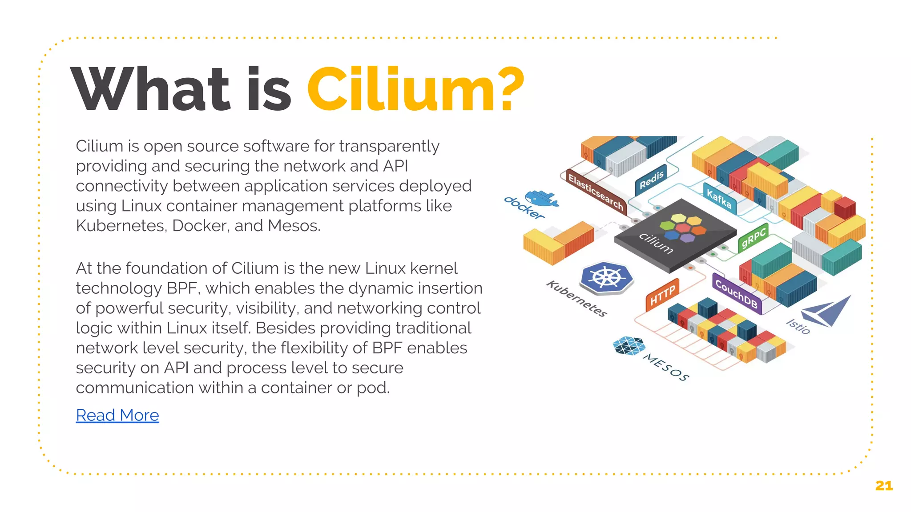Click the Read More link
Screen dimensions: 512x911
tap(117, 415)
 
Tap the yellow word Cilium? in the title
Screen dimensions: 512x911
tap(415, 89)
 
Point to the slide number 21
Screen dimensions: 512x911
tap(883, 486)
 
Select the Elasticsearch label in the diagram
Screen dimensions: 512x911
tap(596, 192)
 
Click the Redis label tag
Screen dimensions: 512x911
tap(651, 180)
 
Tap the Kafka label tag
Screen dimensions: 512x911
tap(719, 198)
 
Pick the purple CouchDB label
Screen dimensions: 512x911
tap(736, 294)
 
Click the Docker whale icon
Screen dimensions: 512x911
tap(541, 198)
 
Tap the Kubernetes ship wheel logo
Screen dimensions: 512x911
tap(607, 278)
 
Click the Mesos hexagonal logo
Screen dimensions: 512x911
tap(629, 346)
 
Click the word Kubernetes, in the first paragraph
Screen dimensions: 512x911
tap(121, 226)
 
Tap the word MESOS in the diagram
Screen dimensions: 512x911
tap(666, 368)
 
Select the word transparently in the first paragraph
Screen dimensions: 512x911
tap(389, 146)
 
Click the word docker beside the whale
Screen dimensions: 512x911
tap(524, 208)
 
